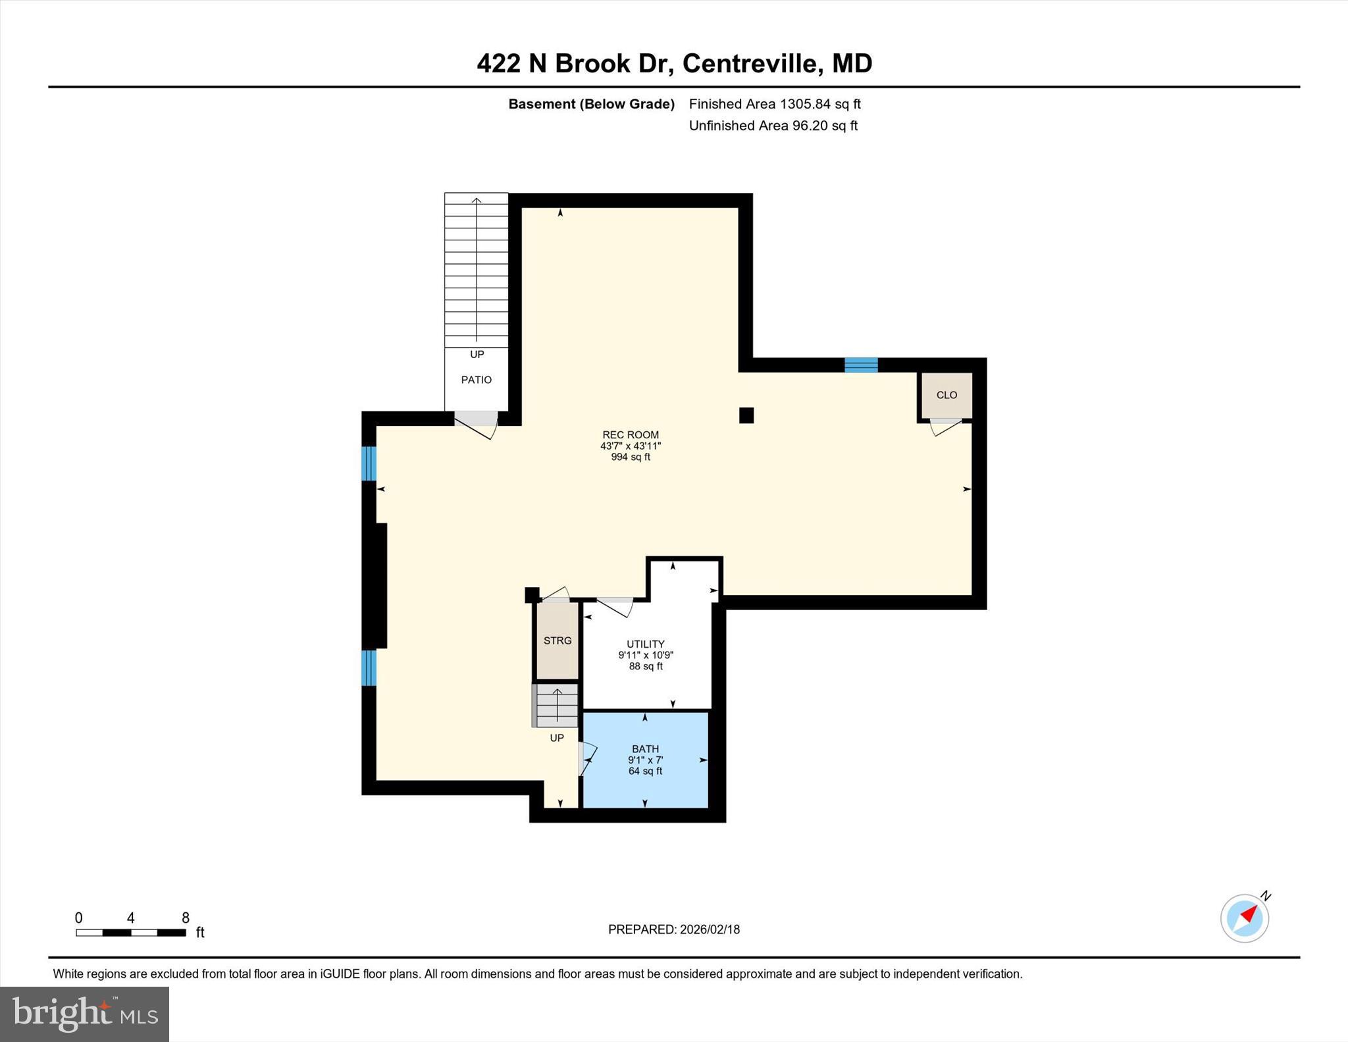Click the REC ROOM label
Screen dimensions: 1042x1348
tap(630, 434)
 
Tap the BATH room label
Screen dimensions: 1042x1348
tap(645, 748)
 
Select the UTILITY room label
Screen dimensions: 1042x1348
tap(645, 644)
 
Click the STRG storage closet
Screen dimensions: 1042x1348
tap(557, 640)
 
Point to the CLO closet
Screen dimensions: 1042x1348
tap(946, 395)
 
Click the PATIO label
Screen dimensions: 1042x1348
tap(476, 380)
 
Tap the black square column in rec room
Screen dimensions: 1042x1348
tap(746, 415)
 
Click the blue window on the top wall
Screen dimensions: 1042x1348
tap(861, 365)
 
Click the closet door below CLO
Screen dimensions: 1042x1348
tap(946, 427)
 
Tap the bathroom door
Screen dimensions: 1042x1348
tap(585, 759)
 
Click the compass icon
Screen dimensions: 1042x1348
tap(1244, 918)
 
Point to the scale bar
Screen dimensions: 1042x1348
tap(130, 932)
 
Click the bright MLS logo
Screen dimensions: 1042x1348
tap(84, 1014)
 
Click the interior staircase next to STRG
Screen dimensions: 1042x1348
tap(556, 706)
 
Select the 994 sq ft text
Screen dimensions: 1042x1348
tap(630, 457)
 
